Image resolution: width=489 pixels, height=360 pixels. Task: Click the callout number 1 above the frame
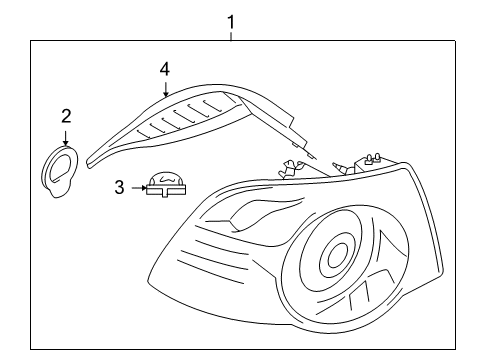(x=231, y=22)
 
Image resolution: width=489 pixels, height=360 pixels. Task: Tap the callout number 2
(x=66, y=116)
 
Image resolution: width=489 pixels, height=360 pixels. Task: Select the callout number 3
(x=119, y=187)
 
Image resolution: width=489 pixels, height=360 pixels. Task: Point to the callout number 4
(x=165, y=70)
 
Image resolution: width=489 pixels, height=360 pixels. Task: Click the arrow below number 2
(x=66, y=138)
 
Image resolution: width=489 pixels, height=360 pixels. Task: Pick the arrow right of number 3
(x=139, y=188)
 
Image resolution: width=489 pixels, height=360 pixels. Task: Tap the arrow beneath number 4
(x=166, y=89)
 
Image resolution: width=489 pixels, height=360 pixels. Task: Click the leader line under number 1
(x=231, y=36)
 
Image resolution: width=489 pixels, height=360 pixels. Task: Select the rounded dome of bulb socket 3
(x=166, y=178)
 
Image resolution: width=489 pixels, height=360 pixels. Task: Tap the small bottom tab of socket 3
(x=164, y=195)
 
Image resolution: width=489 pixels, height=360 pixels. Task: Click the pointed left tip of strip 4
(x=89, y=163)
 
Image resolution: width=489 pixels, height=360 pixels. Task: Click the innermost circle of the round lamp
(x=337, y=256)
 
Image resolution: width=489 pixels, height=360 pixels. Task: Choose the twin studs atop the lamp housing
(x=372, y=157)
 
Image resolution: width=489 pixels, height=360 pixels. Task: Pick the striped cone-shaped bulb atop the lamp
(x=340, y=168)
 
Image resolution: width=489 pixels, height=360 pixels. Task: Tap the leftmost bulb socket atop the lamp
(x=289, y=168)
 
